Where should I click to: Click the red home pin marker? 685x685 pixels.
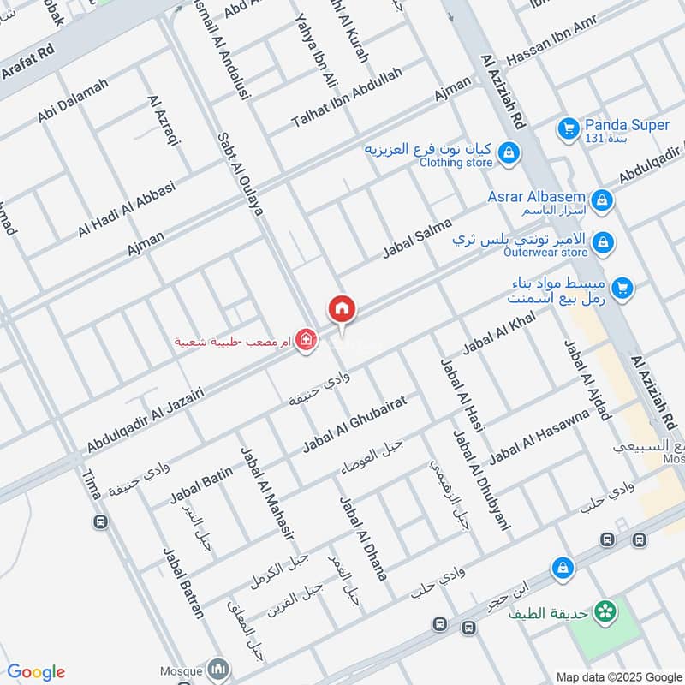(x=342, y=309)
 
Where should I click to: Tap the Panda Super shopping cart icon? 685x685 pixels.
(x=566, y=129)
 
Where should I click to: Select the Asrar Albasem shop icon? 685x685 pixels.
(x=604, y=200)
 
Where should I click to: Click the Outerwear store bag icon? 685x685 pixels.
(x=604, y=243)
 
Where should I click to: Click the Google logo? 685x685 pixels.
(x=36, y=672)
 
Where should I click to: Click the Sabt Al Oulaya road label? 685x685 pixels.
(x=239, y=174)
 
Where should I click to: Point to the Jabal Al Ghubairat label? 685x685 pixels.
(x=352, y=425)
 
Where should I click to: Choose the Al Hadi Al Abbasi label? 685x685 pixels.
(x=126, y=209)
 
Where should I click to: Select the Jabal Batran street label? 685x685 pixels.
(x=183, y=582)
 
